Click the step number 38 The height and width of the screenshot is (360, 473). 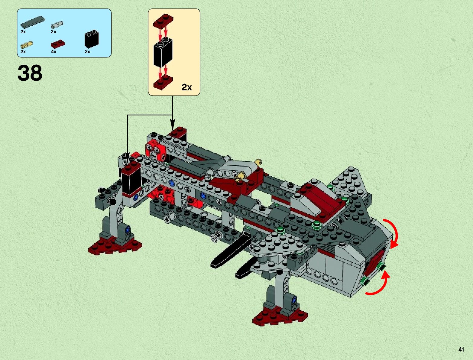pyautogui.click(x=30, y=73)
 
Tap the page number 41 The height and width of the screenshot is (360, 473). pyautogui.click(x=461, y=349)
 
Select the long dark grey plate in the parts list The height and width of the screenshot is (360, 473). pyautogui.click(x=33, y=22)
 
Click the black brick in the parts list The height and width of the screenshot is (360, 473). pyautogui.click(x=91, y=39)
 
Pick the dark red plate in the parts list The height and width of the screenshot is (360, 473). pyautogui.click(x=58, y=44)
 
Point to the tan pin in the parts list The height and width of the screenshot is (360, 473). pyautogui.click(x=27, y=45)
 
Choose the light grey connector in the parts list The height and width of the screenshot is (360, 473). pyautogui.click(x=57, y=24)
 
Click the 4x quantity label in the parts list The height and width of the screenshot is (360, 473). pyautogui.click(x=53, y=52)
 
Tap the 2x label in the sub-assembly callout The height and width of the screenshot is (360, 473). pyautogui.click(x=187, y=87)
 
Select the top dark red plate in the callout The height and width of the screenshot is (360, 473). pyautogui.click(x=163, y=21)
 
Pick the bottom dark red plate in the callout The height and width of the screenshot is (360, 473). pyautogui.click(x=163, y=82)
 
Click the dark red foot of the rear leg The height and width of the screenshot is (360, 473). pyautogui.click(x=115, y=245)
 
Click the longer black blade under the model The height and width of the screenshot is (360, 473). pyautogui.click(x=231, y=251)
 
